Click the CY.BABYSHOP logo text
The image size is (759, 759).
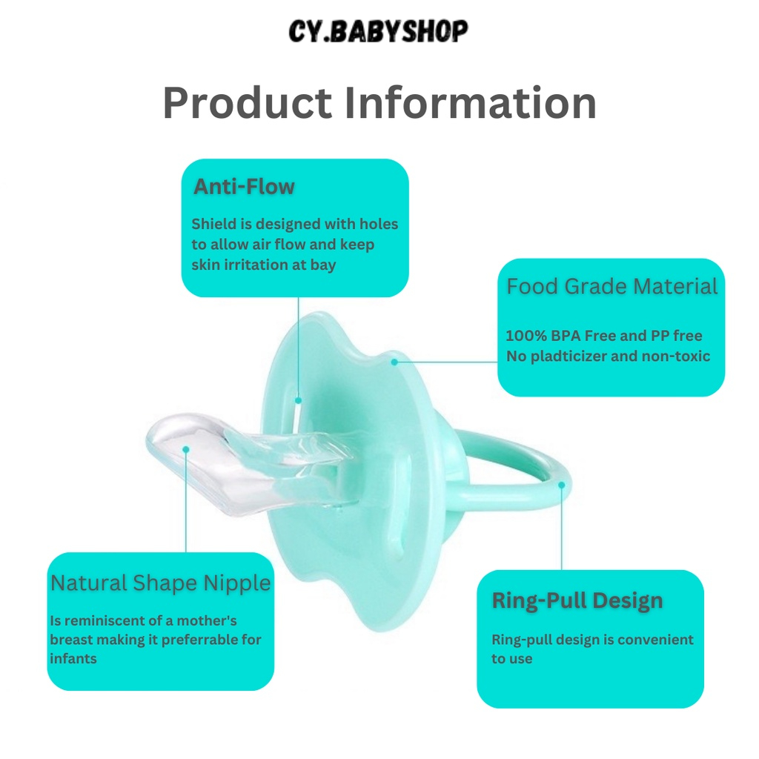pyautogui.click(x=378, y=31)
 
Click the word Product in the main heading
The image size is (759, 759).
pyautogui.click(x=248, y=102)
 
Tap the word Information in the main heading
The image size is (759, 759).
pyautogui.click(x=470, y=102)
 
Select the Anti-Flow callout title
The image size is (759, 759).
pyautogui.click(x=244, y=186)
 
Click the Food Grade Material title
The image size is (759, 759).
pyautogui.click(x=611, y=286)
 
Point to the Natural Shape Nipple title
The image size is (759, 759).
pyautogui.click(x=160, y=583)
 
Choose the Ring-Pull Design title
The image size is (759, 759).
pyautogui.click(x=577, y=600)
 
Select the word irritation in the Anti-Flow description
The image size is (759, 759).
pyautogui.click(x=251, y=265)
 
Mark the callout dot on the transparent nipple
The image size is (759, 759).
pyautogui.click(x=186, y=450)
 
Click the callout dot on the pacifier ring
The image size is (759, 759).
pyautogui.click(x=562, y=485)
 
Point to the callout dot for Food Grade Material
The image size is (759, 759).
pyautogui.click(x=394, y=362)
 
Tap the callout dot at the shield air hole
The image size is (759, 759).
pyautogui.click(x=298, y=400)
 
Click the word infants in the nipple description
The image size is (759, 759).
pyautogui.click(x=73, y=659)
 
